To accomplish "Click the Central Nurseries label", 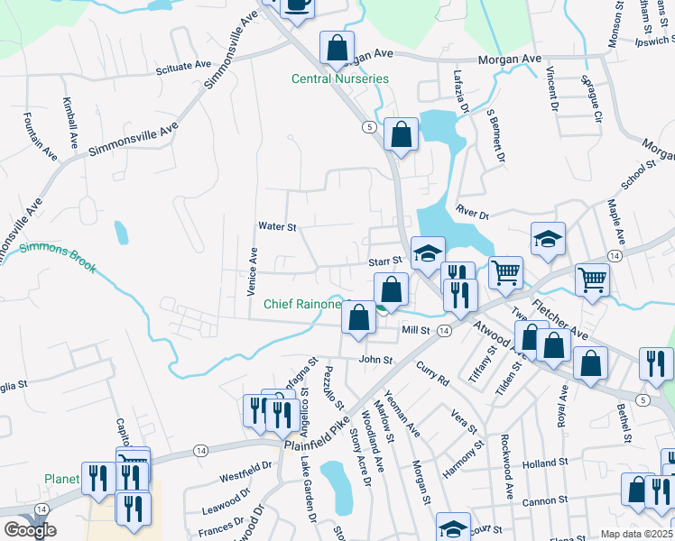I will click(x=339, y=78).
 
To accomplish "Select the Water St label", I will click(x=277, y=226).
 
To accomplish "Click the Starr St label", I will click(x=384, y=260).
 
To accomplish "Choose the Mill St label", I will click(x=415, y=331).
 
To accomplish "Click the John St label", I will click(x=375, y=360).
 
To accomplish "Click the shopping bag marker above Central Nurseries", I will click(x=337, y=49).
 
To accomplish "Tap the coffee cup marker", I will click(x=298, y=5).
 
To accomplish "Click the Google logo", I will click(x=30, y=530).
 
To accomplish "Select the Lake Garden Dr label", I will click(x=309, y=490).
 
